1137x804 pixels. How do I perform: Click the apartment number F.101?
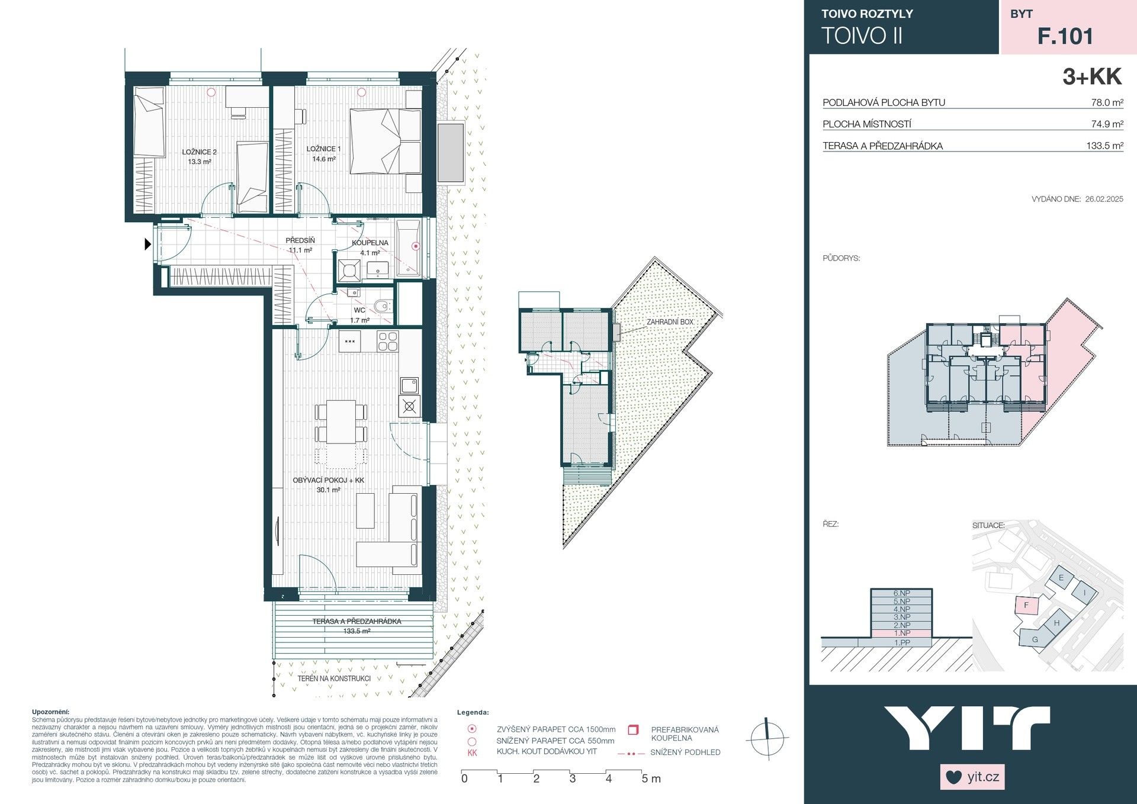pos(1065,36)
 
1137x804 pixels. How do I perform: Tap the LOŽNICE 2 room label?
pos(199,152)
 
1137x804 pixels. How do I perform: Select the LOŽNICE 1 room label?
pos(323,149)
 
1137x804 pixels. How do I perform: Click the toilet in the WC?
pos(382,307)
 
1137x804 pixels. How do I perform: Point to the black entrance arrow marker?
pos(148,243)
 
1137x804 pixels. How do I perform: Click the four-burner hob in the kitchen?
pos(388,342)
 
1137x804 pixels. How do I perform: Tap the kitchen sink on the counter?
pos(409,386)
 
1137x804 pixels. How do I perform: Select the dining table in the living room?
pos(341,422)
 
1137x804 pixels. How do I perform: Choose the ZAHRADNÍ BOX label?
pos(670,322)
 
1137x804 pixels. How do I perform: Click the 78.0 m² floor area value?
pos(1107,102)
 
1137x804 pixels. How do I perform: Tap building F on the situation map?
pos(1027,605)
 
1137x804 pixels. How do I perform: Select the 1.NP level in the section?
pos(901,633)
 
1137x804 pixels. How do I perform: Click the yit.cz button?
pos(972,777)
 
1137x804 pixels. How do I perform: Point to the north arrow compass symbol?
pos(767,738)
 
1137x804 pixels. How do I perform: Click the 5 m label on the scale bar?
pos(651,779)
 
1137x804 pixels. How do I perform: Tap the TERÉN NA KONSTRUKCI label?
pos(334,678)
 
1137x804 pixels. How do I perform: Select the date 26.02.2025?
pos(1104,199)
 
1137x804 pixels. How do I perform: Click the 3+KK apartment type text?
pos(1091,77)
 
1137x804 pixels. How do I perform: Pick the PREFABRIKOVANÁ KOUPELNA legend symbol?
pos(633,729)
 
